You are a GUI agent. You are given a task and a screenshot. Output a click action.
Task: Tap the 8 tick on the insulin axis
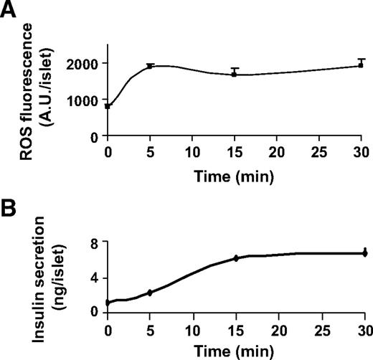coord(98,243)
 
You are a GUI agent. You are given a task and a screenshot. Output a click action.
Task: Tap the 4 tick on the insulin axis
coord(98,278)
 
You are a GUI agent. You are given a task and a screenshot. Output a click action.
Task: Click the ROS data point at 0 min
coord(108,106)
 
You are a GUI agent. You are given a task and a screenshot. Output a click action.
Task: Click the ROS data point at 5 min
coord(151,67)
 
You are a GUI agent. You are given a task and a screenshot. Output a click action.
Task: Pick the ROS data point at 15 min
coord(236,74)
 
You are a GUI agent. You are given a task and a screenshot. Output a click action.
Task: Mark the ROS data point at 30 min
coord(364,65)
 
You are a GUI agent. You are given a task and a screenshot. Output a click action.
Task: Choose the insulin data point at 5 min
coord(151,293)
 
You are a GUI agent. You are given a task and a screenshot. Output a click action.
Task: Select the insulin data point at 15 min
coord(236,258)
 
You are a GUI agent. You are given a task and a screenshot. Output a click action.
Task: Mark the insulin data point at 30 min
coord(364,253)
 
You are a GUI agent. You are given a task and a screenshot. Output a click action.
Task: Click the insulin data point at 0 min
coord(108,303)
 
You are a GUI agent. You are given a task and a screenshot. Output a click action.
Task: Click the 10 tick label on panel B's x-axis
coord(193,328)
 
